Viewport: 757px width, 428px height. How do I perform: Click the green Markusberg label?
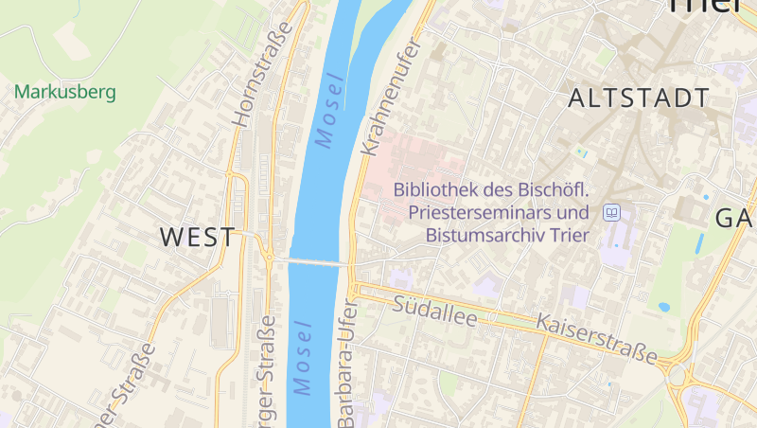(x=64, y=93)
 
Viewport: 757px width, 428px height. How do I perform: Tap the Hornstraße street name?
(x=247, y=89)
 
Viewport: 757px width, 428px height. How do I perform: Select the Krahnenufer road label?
(x=389, y=99)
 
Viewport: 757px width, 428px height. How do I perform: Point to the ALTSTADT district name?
(x=639, y=98)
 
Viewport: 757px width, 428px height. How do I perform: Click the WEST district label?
(x=197, y=237)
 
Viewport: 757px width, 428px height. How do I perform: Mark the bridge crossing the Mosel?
(x=313, y=261)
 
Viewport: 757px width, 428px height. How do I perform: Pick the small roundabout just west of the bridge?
(x=270, y=256)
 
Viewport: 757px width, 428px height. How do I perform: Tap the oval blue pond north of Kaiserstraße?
(x=663, y=308)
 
